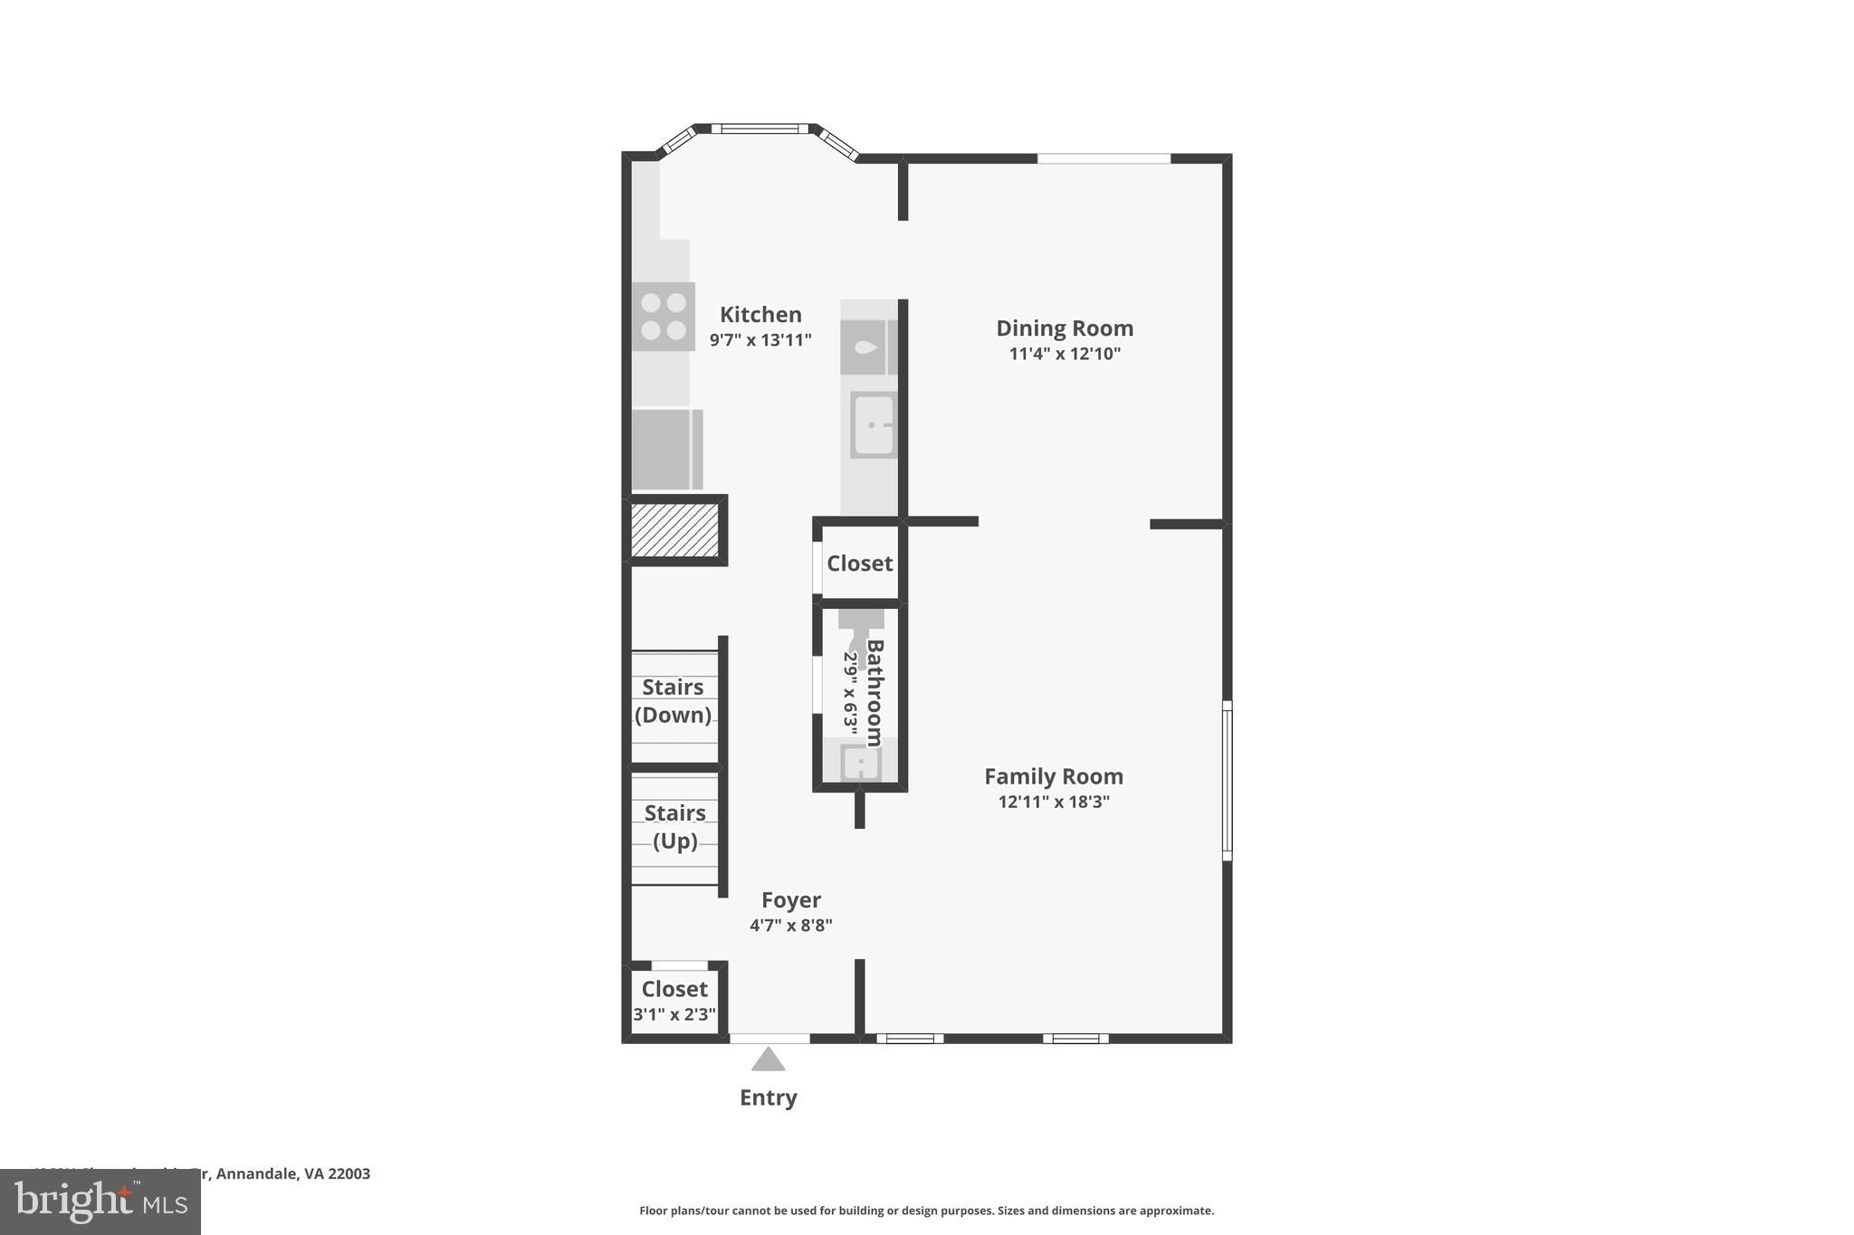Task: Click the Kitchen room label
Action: pyautogui.click(x=760, y=315)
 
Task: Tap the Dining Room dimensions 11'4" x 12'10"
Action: pyautogui.click(x=1065, y=354)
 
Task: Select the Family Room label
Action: pyautogui.click(x=1053, y=776)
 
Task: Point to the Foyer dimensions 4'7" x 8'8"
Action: pyautogui.click(x=790, y=926)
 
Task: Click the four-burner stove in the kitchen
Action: pyautogui.click(x=664, y=317)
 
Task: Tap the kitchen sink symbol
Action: pyautogui.click(x=874, y=425)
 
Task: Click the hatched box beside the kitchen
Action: pyautogui.click(x=674, y=530)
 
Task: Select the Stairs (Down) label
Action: pyautogui.click(x=673, y=701)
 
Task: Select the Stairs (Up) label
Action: pyautogui.click(x=675, y=827)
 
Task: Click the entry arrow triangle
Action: pyautogui.click(x=768, y=1059)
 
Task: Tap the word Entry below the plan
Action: pyautogui.click(x=768, y=1097)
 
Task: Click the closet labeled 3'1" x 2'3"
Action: pyautogui.click(x=674, y=1001)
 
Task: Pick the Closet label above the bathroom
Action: pyautogui.click(x=859, y=564)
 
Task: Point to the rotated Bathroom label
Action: pyautogui.click(x=874, y=692)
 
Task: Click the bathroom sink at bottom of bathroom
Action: pyautogui.click(x=860, y=763)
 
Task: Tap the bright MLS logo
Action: pyautogui.click(x=100, y=1202)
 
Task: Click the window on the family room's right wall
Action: pyautogui.click(x=1228, y=781)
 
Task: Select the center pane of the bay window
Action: pyautogui.click(x=760, y=128)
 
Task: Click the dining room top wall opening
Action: pyautogui.click(x=1104, y=158)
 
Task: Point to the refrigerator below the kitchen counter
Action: pyautogui.click(x=666, y=450)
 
